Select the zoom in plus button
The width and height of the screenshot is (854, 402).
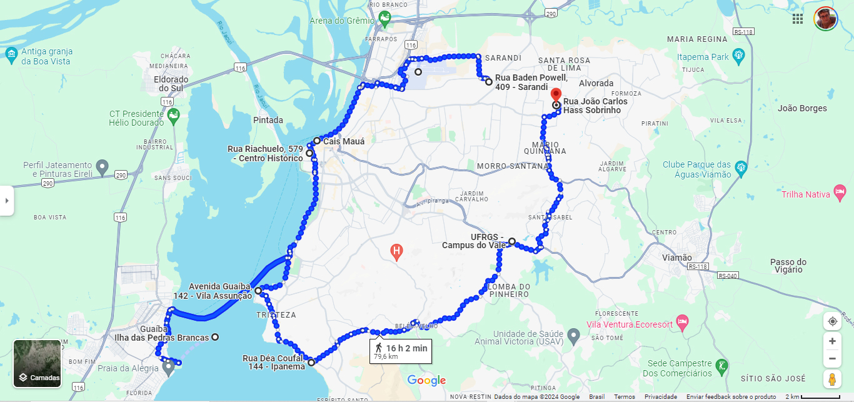click(832, 341)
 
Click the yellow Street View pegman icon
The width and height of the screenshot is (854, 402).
click(832, 379)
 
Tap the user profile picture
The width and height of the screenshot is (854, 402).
click(825, 19)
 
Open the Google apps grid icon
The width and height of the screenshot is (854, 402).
click(798, 19)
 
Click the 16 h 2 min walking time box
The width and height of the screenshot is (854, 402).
click(400, 351)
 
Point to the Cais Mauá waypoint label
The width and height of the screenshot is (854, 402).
click(343, 141)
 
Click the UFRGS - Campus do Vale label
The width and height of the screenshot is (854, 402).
click(473, 241)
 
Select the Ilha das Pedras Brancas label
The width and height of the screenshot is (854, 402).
click(161, 338)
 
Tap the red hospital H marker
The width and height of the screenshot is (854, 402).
click(396, 253)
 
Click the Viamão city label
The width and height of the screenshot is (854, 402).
click(677, 258)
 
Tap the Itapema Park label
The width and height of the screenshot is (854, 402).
click(703, 57)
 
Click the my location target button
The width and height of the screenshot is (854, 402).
click(832, 321)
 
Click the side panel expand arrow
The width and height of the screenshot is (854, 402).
click(7, 201)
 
